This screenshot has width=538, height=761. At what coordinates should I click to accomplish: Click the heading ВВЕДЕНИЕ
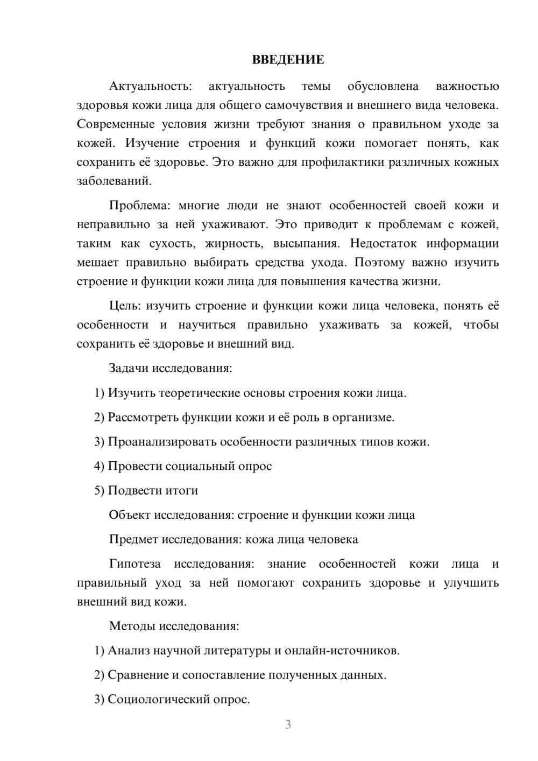[x=288, y=60]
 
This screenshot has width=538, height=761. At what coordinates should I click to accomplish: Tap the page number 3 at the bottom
[x=288, y=724]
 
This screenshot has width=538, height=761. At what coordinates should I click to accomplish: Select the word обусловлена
[x=383, y=86]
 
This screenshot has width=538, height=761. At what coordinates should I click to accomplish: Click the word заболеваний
[x=114, y=181]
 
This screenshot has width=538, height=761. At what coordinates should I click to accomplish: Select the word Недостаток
[x=383, y=243]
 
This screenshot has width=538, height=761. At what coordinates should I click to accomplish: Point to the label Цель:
[x=125, y=306]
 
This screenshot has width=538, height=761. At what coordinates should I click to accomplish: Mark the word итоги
[x=181, y=490]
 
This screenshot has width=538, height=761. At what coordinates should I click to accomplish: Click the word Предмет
[x=133, y=539]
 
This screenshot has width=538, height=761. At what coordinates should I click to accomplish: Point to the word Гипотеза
[x=135, y=564]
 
